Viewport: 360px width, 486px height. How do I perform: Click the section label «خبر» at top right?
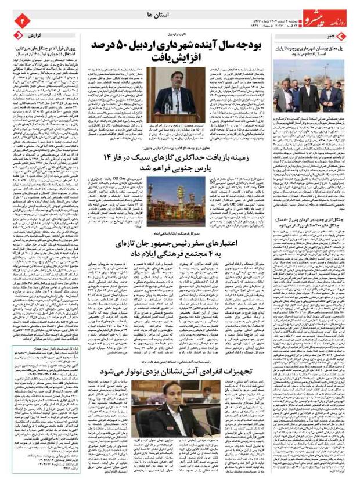347,37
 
